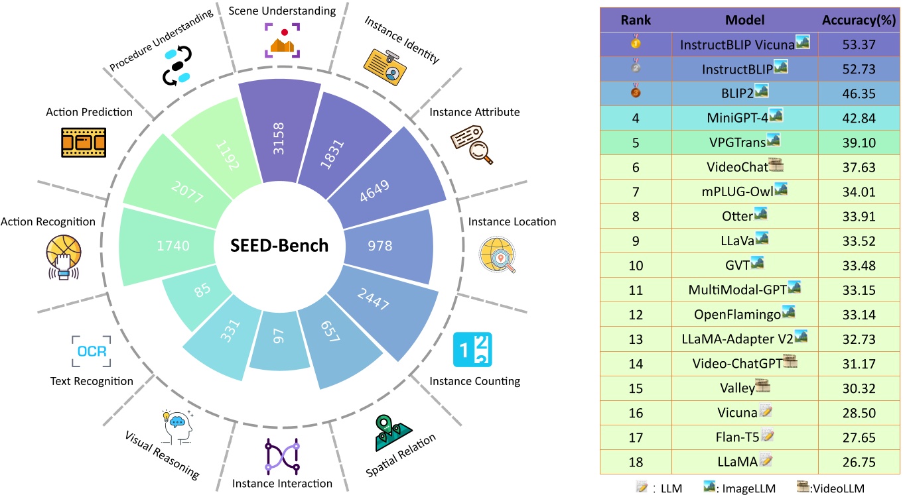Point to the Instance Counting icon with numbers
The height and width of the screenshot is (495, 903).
tap(472, 349)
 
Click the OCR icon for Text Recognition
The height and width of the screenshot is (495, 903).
tap(91, 351)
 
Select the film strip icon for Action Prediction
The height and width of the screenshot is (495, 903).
tap(83, 141)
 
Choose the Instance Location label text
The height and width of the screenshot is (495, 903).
tap(512, 221)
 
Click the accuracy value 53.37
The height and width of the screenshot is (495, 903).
tap(859, 44)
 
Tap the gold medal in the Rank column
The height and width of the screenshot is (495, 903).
tap(636, 44)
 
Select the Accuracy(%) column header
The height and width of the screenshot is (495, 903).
tap(859, 21)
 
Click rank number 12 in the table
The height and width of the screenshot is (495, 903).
tap(636, 315)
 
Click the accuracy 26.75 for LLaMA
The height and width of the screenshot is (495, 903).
tap(859, 462)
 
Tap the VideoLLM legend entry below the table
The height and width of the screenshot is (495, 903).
tap(829, 488)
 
